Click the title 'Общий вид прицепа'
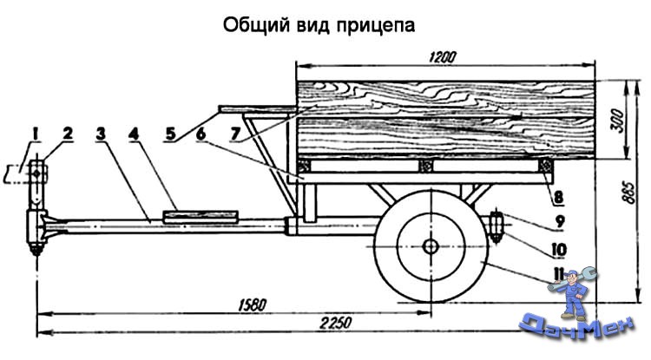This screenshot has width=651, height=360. point(320,24)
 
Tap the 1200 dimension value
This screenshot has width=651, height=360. point(443,56)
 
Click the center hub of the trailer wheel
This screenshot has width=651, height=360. point(431,246)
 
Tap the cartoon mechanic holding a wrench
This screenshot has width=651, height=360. point(574,295)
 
